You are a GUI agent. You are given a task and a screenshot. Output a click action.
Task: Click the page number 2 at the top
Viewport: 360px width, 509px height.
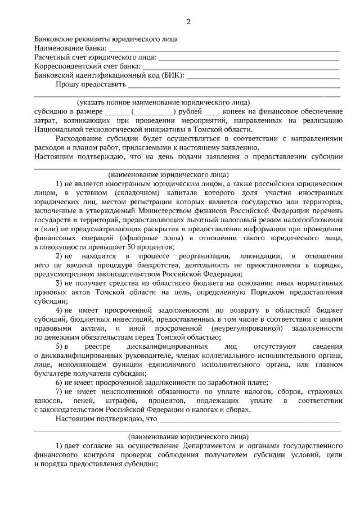pyautogui.click(x=188, y=22)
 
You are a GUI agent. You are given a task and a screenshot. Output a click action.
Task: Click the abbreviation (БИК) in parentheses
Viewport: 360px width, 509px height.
pyautogui.click(x=172, y=75)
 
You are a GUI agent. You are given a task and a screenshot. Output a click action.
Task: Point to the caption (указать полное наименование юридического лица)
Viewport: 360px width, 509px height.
pyautogui.click(x=164, y=102)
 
